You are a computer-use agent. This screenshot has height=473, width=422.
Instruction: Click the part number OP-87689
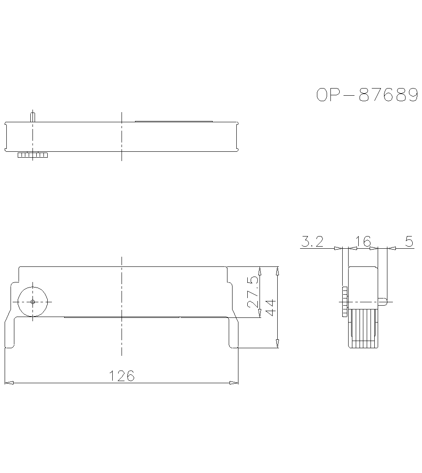click(367, 95)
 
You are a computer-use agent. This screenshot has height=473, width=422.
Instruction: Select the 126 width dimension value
click(122, 375)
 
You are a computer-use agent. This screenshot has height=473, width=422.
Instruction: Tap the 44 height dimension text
click(271, 307)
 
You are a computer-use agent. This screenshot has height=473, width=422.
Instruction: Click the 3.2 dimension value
click(312, 242)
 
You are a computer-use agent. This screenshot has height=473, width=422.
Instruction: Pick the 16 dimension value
click(363, 242)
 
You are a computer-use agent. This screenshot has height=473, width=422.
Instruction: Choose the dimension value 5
click(409, 242)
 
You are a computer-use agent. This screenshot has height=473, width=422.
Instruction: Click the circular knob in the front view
click(32, 302)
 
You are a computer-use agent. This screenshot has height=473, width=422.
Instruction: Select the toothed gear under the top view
click(32, 156)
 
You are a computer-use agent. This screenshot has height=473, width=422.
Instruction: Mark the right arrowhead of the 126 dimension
click(233, 383)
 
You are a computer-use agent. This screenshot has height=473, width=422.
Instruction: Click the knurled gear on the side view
click(344, 302)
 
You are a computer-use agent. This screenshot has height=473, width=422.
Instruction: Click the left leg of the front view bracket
click(10, 333)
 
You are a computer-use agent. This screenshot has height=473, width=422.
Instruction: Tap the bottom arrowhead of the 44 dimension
click(277, 344)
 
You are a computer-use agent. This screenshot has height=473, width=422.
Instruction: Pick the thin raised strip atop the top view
click(173, 121)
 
